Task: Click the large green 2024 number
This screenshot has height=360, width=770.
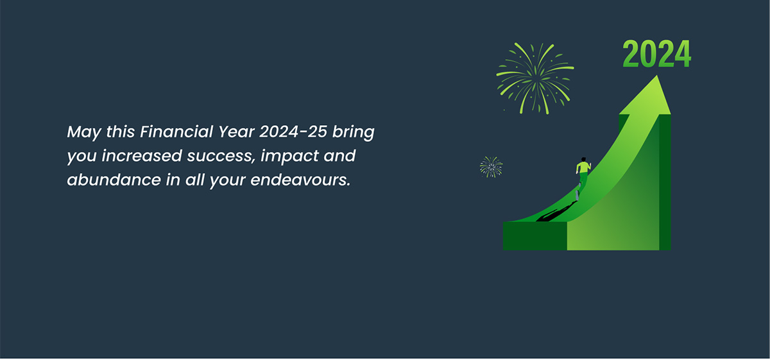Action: [656, 54]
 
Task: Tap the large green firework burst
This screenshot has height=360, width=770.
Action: [535, 78]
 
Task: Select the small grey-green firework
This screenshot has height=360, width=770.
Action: [491, 167]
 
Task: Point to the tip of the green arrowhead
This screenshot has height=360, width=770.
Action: [657, 75]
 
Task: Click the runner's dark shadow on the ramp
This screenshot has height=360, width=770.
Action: [556, 212]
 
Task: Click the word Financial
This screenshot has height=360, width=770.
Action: [176, 132]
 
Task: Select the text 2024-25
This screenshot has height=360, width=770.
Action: [293, 132]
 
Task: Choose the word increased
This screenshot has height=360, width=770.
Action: [142, 156]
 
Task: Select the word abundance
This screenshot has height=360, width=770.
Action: [114, 180]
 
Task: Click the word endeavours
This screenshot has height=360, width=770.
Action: [300, 180]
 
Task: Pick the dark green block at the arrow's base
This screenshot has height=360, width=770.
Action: [535, 236]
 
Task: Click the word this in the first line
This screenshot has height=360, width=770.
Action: [121, 132]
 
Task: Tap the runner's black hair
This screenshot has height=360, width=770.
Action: [583, 159]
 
